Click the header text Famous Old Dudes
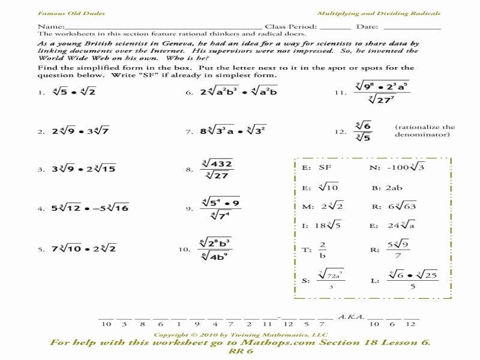tap(62, 13)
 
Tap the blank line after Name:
tap(162, 28)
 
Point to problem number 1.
tap(40, 94)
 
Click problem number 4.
tap(40, 209)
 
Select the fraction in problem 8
tap(217, 169)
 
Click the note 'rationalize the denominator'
tap(425, 131)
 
